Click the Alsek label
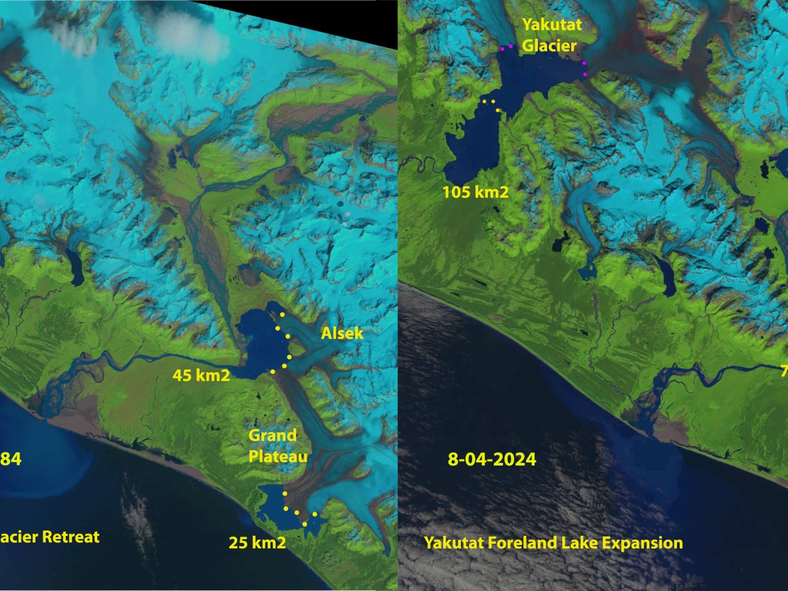pos(341,334)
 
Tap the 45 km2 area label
pos(201,376)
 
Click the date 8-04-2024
pos(492,459)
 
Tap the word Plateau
pos(278,456)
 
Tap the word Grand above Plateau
pos(272,435)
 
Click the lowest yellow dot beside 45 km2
pos(272,372)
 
